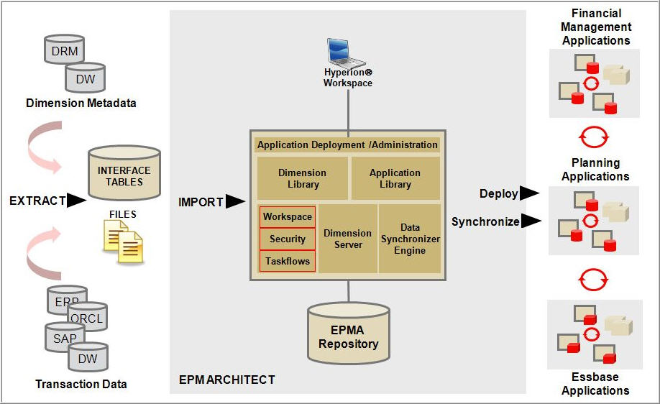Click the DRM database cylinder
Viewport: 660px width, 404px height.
click(64, 51)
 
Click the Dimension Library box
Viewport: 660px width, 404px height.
click(302, 178)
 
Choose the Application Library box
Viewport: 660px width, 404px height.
click(395, 178)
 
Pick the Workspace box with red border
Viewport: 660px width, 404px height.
click(288, 216)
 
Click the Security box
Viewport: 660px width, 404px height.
click(288, 239)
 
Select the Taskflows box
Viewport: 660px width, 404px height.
click(288, 261)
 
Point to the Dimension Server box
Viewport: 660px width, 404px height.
click(348, 239)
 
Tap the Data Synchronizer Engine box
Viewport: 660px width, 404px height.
click(409, 239)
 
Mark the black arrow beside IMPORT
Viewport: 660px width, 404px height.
click(235, 202)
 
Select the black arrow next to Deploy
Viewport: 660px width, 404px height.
click(530, 193)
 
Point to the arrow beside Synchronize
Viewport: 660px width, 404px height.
click(531, 221)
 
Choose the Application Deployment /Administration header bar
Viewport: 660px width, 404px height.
click(347, 144)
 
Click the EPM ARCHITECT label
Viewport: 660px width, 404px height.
click(226, 380)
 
